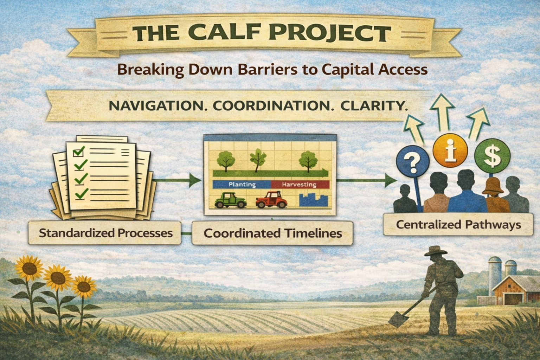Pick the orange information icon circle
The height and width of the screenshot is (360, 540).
click(450, 150)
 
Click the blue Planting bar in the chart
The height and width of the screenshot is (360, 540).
click(242, 184)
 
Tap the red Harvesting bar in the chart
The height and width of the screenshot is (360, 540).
click(300, 184)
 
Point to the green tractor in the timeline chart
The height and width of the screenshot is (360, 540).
click(230, 200)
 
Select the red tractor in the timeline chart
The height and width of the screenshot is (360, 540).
click(271, 200)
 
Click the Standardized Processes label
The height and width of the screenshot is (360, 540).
click(105, 233)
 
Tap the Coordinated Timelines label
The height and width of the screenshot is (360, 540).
click(272, 233)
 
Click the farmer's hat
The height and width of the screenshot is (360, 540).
click(436, 251)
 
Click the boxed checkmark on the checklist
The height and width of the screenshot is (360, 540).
click(78, 152)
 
